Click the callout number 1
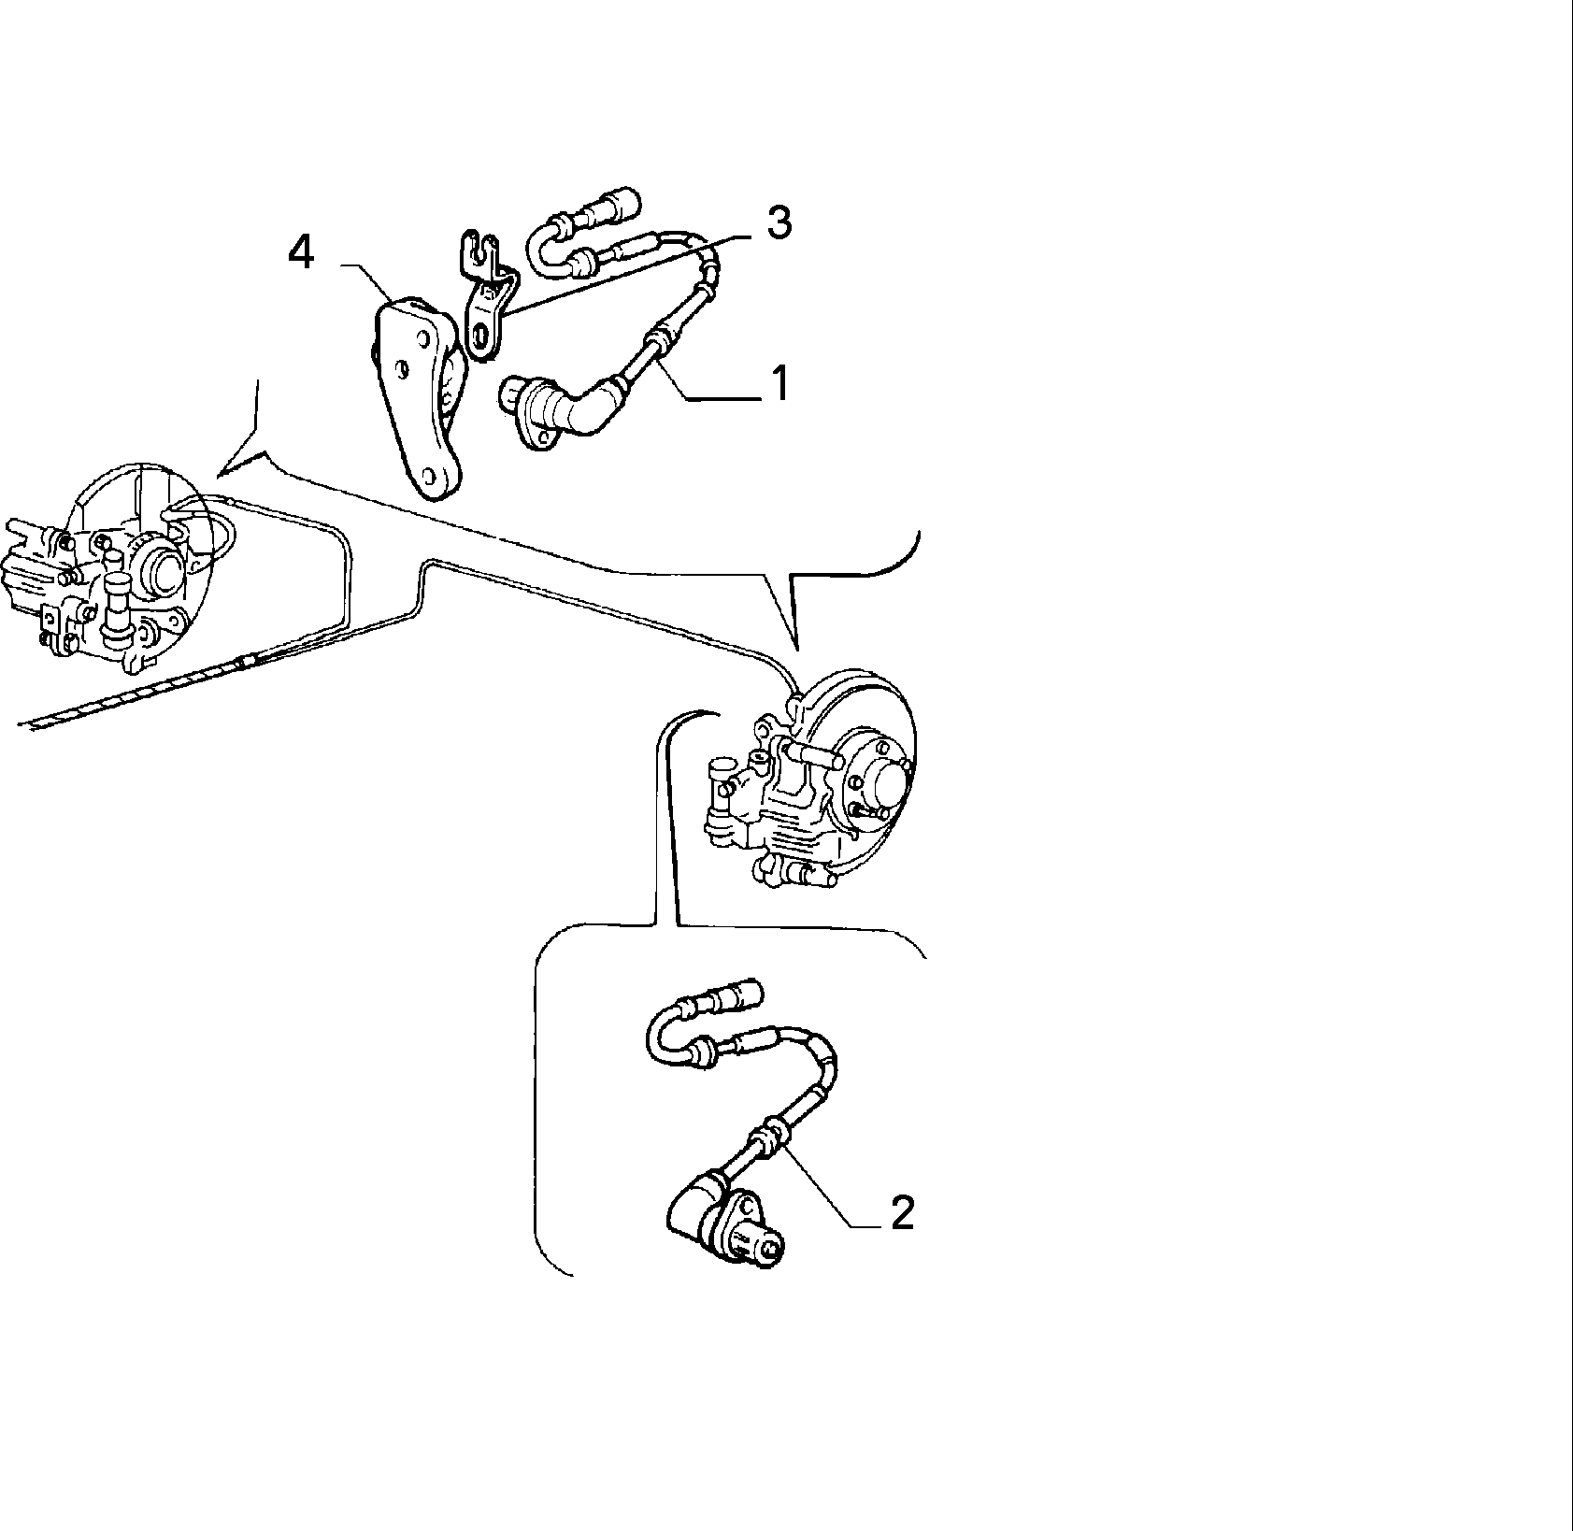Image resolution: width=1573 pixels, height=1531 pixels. tap(778, 383)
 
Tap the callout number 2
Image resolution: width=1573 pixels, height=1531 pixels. tap(901, 1213)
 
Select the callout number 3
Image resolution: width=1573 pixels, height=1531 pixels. tap(778, 223)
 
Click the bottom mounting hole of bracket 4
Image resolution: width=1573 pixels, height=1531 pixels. tap(432, 479)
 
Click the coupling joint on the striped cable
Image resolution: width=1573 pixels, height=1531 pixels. tap(248, 663)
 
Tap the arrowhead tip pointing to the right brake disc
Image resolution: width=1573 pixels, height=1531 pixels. tap(798, 649)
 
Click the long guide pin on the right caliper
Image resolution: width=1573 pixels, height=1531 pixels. tap(808, 751)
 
